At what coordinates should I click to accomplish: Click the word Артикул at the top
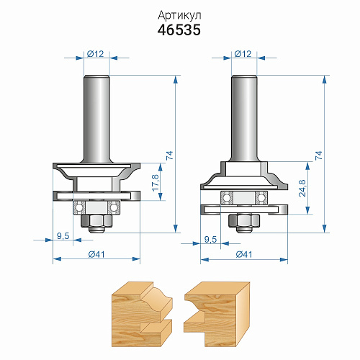coord(179,16)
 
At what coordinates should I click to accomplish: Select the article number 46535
coord(179,30)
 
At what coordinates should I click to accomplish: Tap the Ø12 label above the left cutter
coord(96,54)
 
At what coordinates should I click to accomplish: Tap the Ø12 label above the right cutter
coord(243,54)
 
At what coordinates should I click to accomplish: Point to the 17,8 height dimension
coord(156,183)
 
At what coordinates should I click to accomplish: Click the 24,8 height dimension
coord(302,188)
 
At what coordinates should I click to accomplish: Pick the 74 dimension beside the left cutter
coord(169,156)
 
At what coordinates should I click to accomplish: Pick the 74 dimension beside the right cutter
coord(318,156)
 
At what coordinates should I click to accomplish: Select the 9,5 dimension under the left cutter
coord(63,236)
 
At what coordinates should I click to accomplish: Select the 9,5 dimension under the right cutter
coord(210,240)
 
